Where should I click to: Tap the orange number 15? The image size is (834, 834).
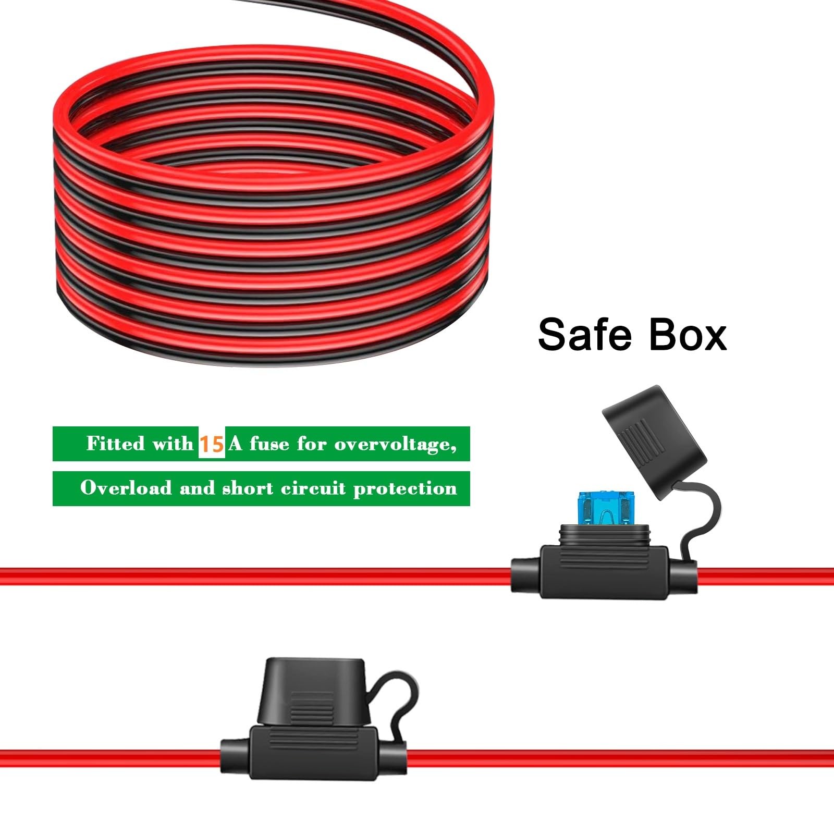click(x=212, y=444)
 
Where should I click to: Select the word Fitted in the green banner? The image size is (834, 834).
click(x=115, y=443)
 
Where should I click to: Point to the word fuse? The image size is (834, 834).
click(x=269, y=444)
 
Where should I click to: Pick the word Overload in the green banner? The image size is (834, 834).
click(x=126, y=488)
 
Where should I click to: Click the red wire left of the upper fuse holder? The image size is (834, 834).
click(x=255, y=577)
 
